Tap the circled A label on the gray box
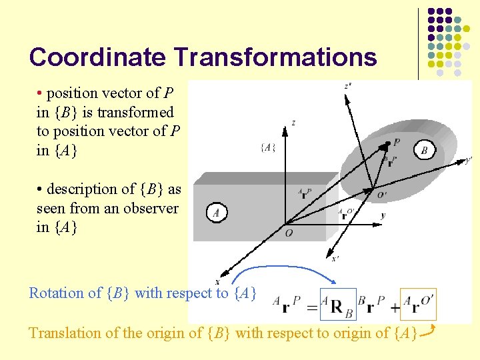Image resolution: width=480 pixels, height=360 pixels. click(x=216, y=213)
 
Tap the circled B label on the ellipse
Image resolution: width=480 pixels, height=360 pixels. click(x=425, y=150)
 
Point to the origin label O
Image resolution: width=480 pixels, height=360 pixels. click(x=288, y=233)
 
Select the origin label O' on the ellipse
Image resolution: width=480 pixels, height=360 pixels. click(x=381, y=195)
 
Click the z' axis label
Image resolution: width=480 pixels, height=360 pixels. click(x=347, y=86)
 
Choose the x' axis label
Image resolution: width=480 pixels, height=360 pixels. click(x=335, y=259)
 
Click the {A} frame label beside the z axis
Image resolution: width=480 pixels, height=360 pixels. click(x=269, y=147)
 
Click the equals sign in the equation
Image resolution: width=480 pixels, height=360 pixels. click(x=311, y=307)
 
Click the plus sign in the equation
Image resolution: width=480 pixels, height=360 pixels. click(x=394, y=307)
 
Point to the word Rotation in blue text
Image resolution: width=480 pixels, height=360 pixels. click(x=56, y=293)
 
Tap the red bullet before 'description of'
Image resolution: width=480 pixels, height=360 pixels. click(x=40, y=189)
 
